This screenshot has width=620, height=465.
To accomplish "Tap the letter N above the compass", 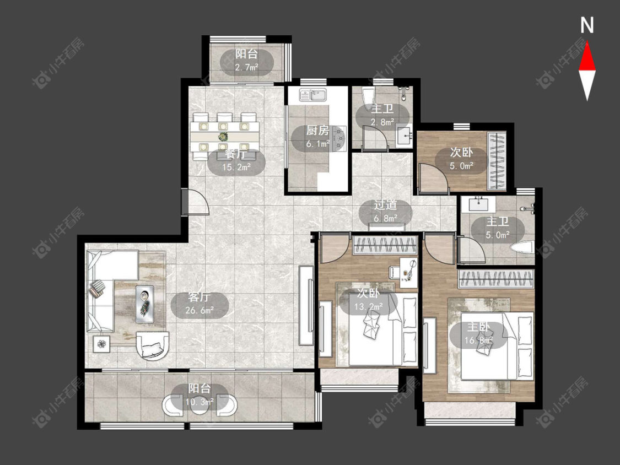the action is point(587,25).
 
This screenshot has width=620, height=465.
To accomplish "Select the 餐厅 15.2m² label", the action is point(236,160).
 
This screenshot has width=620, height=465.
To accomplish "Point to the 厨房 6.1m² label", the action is point(317,137).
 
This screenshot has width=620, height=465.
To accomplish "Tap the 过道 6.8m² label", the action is point(385,211).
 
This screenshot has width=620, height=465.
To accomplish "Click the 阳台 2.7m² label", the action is point(246,61).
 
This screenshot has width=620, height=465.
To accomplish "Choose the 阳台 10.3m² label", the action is point(200,394).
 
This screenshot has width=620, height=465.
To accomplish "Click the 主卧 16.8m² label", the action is point(478,333).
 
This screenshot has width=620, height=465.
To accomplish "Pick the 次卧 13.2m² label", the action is point(369,300).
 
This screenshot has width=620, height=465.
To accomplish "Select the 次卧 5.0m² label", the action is point(461,159).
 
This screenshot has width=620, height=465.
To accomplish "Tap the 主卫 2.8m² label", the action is point(382,115).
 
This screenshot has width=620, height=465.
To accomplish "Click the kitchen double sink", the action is point(312,95).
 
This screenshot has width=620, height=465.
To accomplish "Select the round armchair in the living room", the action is point(153,345).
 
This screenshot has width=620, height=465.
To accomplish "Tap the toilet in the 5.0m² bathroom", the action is point(522,248).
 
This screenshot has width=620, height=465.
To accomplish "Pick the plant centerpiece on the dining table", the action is point(223,137).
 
